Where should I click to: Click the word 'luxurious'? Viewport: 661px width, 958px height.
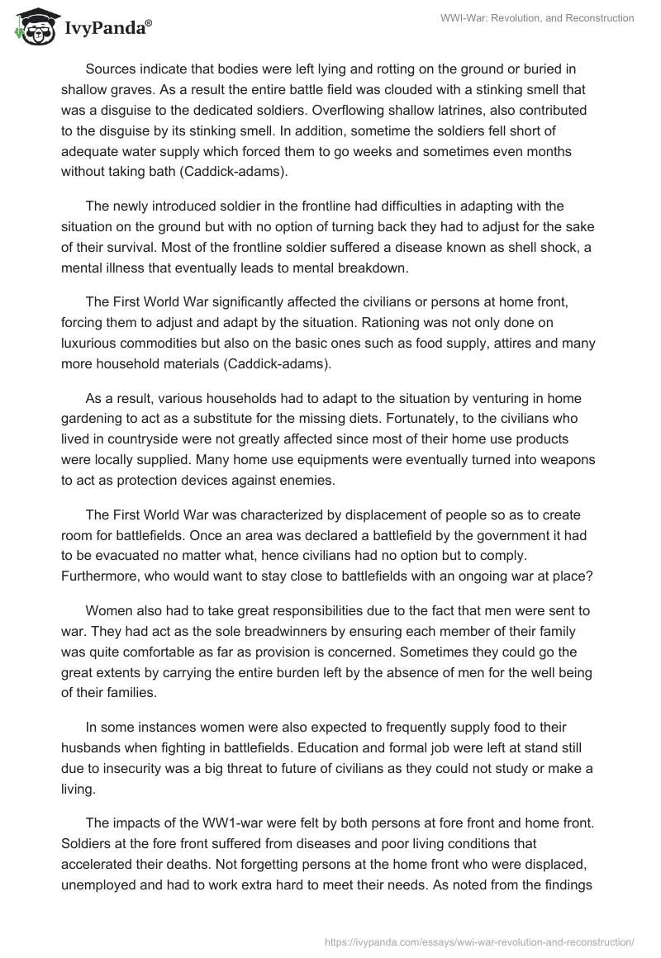click(91, 343)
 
